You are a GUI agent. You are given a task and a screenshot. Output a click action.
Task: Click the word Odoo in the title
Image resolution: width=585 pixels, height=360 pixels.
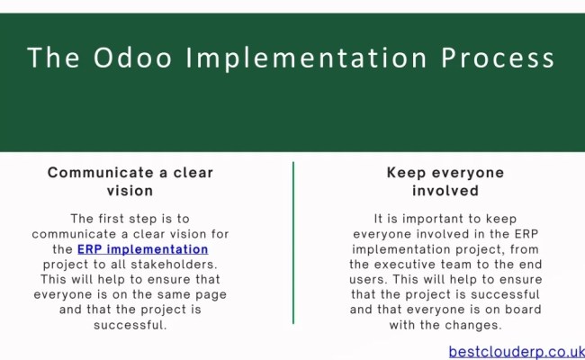[x=129, y=58]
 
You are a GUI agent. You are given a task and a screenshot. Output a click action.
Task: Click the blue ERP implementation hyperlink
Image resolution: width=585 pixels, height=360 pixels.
[x=142, y=248]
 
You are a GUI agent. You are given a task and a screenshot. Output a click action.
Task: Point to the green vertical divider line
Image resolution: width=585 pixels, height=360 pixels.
[x=293, y=242]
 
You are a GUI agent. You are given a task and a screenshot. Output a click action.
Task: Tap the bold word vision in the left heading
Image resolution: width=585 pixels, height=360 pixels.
[x=130, y=191]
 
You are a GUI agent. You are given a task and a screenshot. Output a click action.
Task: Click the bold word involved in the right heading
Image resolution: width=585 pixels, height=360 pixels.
[x=445, y=191]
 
